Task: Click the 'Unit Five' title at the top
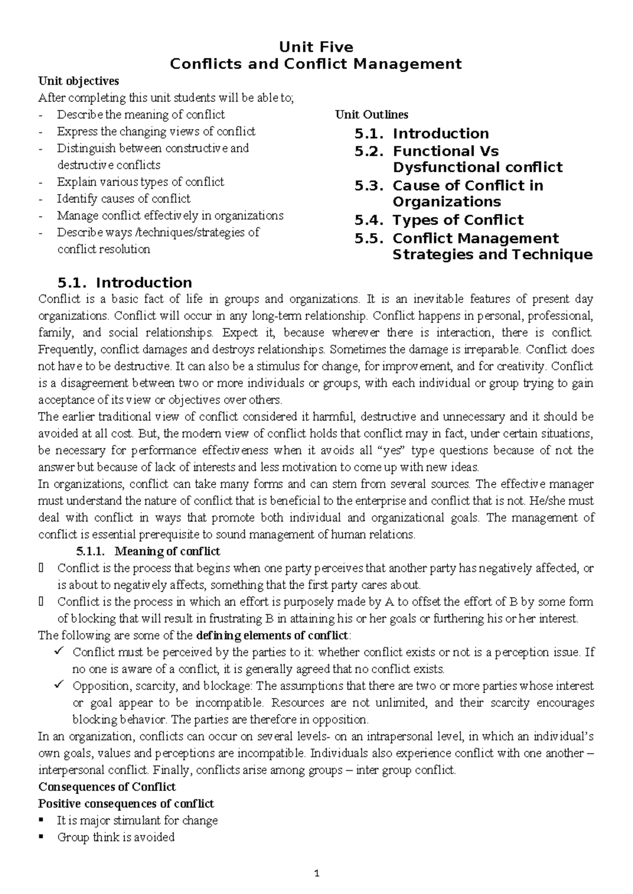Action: pyautogui.click(x=316, y=47)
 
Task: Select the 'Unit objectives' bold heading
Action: pyautogui.click(x=79, y=81)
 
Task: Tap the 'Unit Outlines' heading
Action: pyautogui.click(x=372, y=114)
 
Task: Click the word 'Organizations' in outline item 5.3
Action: pyautogui.click(x=447, y=202)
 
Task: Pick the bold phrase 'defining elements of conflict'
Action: pyautogui.click(x=272, y=635)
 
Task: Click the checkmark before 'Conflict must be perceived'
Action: pyautogui.click(x=59, y=652)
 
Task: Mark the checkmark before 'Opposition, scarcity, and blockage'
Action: pyautogui.click(x=59, y=685)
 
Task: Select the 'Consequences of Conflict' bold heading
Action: pyautogui.click(x=107, y=787)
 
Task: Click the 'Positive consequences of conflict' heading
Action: pyautogui.click(x=126, y=804)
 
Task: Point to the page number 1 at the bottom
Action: pyautogui.click(x=316, y=873)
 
